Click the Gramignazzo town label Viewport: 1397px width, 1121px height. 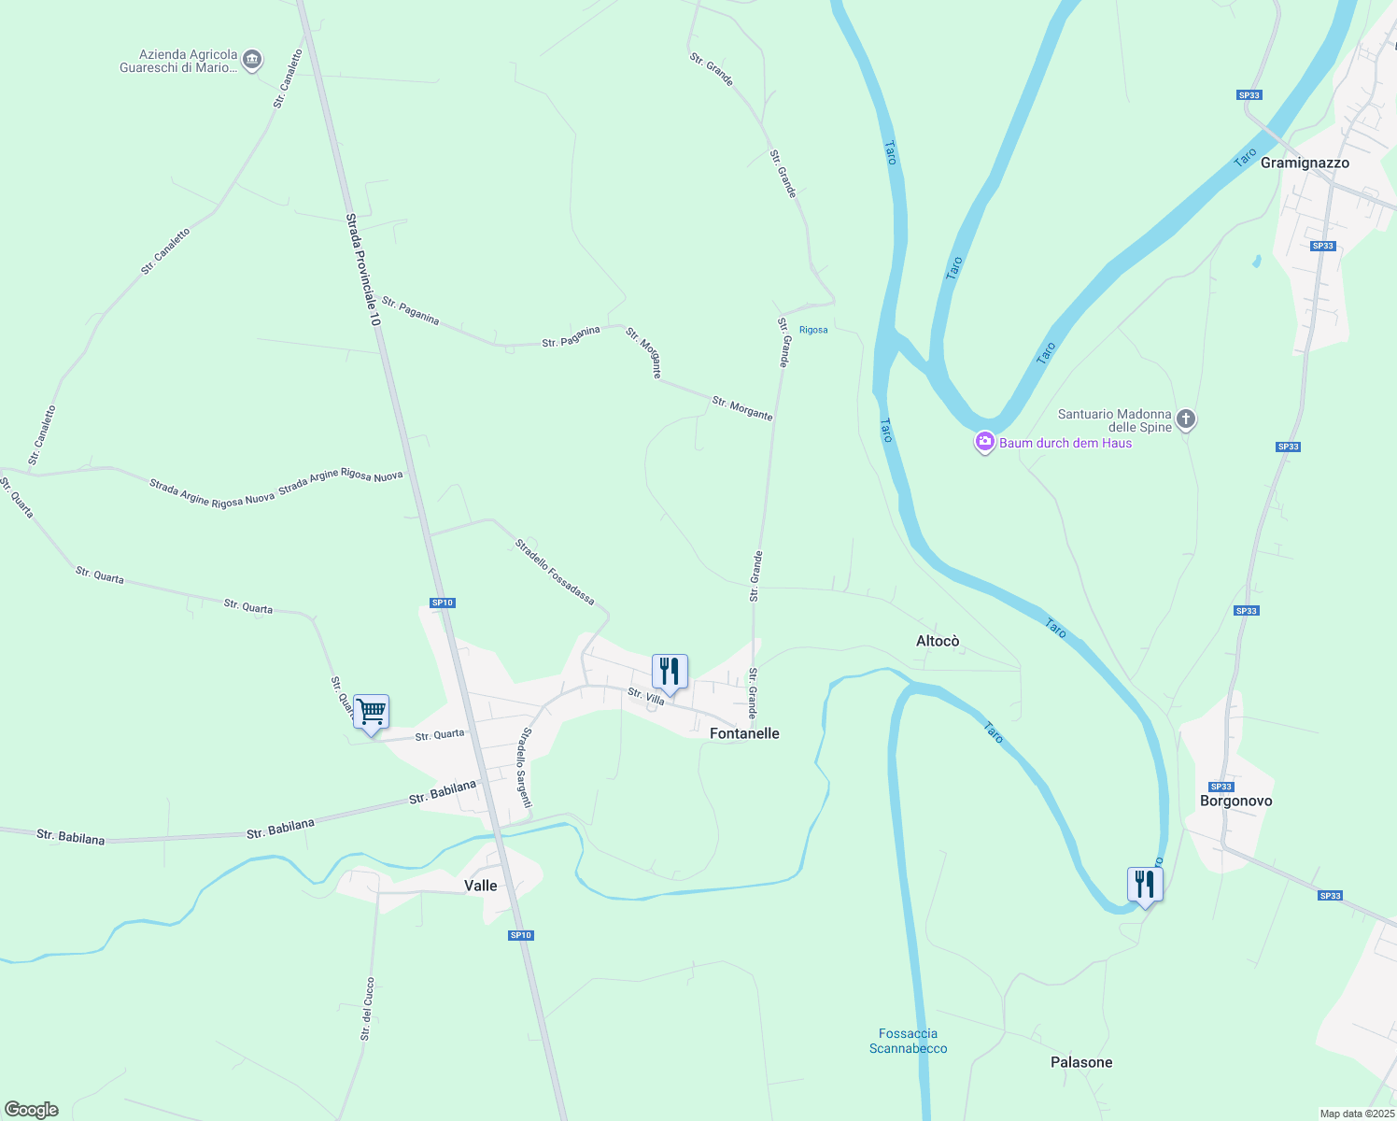click(x=1305, y=163)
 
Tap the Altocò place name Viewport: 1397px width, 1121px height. click(x=938, y=641)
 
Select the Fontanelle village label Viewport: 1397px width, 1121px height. click(x=744, y=733)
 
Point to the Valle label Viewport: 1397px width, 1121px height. click(x=481, y=886)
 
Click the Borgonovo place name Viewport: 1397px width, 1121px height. click(x=1235, y=801)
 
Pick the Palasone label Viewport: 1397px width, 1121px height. click(x=1081, y=1062)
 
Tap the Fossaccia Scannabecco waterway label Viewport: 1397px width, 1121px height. click(x=908, y=1041)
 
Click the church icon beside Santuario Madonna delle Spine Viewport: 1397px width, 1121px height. click(x=1186, y=419)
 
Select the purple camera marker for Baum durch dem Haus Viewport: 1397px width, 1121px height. click(x=984, y=442)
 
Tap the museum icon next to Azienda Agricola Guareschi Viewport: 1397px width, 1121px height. click(x=252, y=61)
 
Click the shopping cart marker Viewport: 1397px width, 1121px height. click(x=371, y=714)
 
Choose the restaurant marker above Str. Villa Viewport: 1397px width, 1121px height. click(x=670, y=672)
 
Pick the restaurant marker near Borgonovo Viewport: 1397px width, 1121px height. click(x=1144, y=885)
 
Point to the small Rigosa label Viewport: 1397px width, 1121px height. click(x=813, y=330)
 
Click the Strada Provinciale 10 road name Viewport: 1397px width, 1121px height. click(x=363, y=270)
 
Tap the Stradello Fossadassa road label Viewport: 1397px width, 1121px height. click(x=555, y=572)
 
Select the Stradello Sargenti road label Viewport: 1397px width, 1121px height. click(x=526, y=768)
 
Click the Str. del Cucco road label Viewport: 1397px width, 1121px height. click(x=367, y=1009)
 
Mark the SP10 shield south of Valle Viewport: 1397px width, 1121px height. click(x=520, y=935)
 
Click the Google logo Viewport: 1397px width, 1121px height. click(x=31, y=1110)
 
